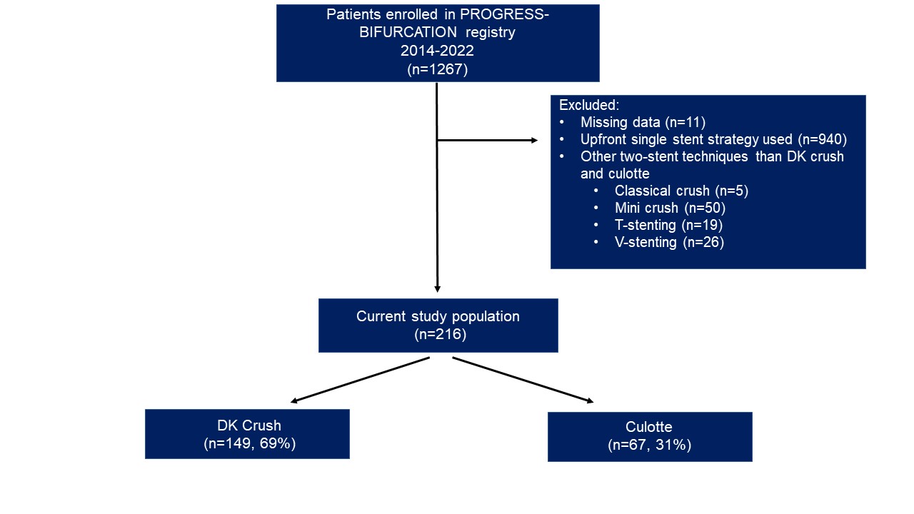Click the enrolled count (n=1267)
pyautogui.click(x=437, y=70)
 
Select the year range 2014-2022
pyautogui.click(x=437, y=52)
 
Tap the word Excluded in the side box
pyautogui.click(x=588, y=105)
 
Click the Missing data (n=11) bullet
pyautogui.click(x=643, y=122)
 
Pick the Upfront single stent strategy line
pyautogui.click(x=713, y=139)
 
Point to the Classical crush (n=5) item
pyautogui.click(x=681, y=191)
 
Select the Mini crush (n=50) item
pyautogui.click(x=669, y=208)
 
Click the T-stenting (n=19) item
pyautogui.click(x=669, y=225)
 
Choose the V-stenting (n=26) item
pyautogui.click(x=669, y=242)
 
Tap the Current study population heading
pyautogui.click(x=438, y=316)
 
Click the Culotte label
pyautogui.click(x=648, y=428)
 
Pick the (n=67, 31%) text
pyautogui.click(x=650, y=445)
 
